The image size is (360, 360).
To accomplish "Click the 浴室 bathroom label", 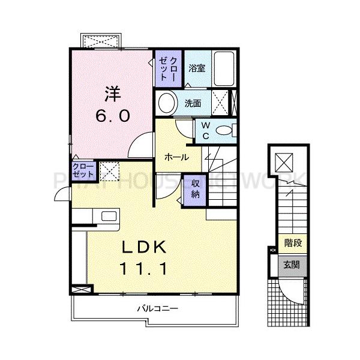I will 197,68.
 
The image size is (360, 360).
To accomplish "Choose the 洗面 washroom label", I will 193,103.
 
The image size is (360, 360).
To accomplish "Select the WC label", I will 205,130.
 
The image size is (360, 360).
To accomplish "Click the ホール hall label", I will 177,157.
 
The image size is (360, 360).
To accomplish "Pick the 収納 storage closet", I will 196,189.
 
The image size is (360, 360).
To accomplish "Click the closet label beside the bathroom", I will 170,69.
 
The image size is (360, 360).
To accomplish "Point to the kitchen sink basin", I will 109,216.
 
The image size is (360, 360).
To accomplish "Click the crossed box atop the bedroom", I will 100,43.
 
